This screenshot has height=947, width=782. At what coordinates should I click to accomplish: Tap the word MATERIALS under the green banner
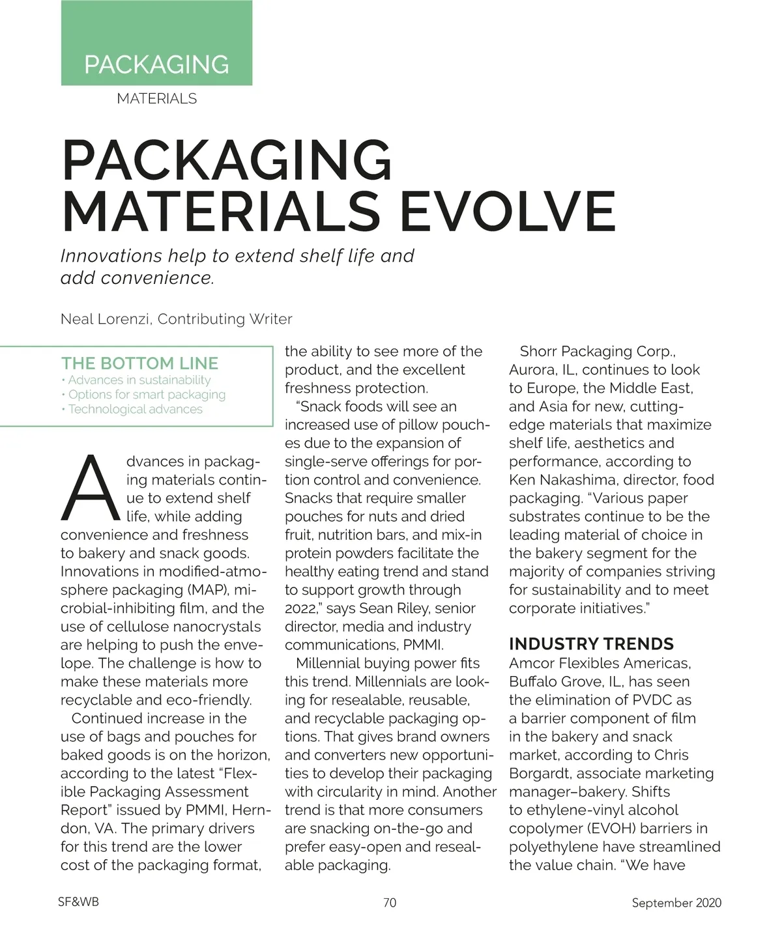[156, 99]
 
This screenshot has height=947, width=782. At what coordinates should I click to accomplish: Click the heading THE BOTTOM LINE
[139, 363]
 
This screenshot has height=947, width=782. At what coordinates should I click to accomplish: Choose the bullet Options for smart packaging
[147, 395]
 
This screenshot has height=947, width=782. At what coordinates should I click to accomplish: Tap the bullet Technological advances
[135, 410]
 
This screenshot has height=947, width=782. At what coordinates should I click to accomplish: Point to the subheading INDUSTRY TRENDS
[591, 644]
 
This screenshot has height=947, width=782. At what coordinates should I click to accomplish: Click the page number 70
[390, 903]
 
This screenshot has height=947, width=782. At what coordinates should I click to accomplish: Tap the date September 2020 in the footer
[676, 903]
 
